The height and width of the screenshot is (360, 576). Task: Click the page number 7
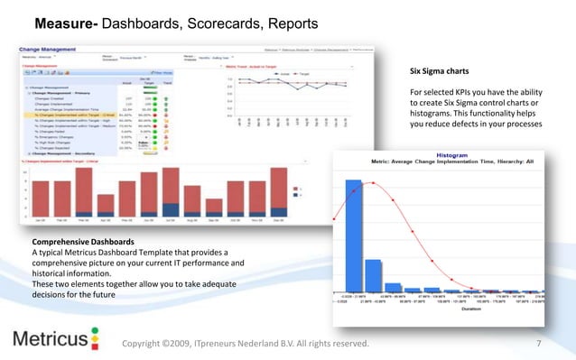pyautogui.click(x=538, y=343)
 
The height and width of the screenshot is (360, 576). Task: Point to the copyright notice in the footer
pyautogui.click(x=246, y=343)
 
